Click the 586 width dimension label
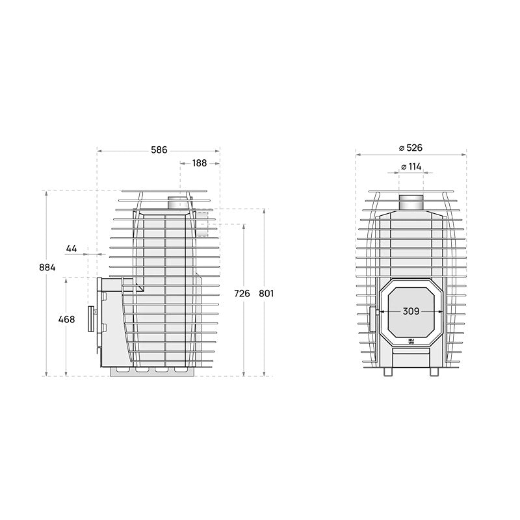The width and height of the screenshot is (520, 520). coord(159,150)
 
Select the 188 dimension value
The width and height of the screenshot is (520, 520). coord(200,163)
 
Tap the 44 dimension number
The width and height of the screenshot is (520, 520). coord(71,248)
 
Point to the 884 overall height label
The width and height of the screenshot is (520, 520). coord(47,267)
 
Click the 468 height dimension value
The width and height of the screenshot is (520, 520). coord(67,319)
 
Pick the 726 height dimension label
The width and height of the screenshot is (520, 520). coord(242,294)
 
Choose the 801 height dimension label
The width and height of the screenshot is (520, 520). coord(266,294)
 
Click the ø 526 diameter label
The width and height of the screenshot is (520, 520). coord(411,148)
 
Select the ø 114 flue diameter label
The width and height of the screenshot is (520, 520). coord(411,166)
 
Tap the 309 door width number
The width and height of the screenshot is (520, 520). coord(411,311)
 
